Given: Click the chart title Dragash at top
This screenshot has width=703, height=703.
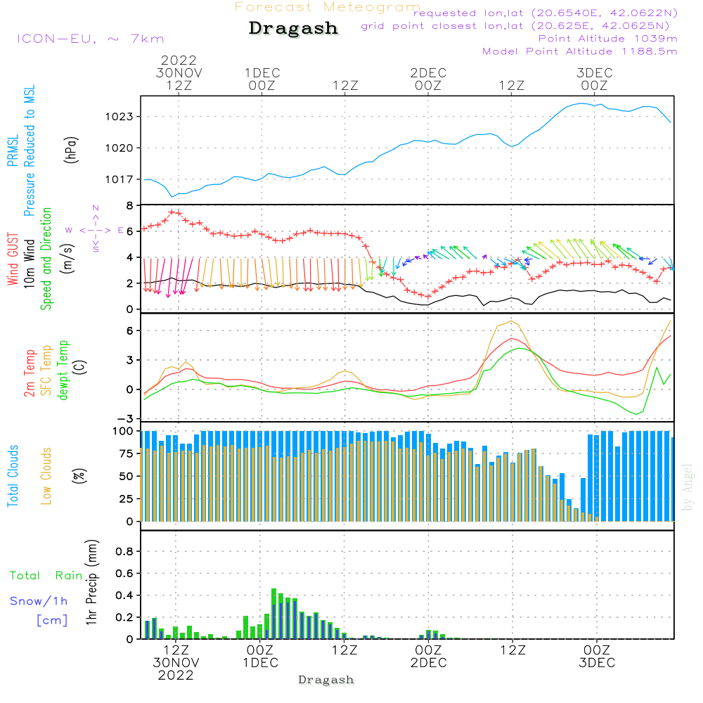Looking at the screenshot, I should pyautogui.click(x=293, y=29).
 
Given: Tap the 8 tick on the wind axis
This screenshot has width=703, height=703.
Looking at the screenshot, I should pyautogui.click(x=130, y=206).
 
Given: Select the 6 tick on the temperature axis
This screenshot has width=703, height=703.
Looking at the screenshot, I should pyautogui.click(x=130, y=330).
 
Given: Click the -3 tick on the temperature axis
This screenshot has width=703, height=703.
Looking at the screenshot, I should pyautogui.click(x=127, y=418).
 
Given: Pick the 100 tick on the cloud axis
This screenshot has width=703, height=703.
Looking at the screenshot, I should pyautogui.click(x=124, y=431).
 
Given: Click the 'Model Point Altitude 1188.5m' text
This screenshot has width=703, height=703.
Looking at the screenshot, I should pyautogui.click(x=580, y=51).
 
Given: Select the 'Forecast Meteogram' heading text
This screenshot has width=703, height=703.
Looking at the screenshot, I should pyautogui.click(x=328, y=7).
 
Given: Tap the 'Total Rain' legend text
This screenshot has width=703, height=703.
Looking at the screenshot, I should pyautogui.click(x=46, y=575).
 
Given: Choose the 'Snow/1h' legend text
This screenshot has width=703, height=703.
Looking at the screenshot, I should pyautogui.click(x=39, y=601).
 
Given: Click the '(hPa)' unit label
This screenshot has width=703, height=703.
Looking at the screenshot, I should pyautogui.click(x=71, y=149).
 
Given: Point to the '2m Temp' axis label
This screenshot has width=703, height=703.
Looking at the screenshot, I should pyautogui.click(x=30, y=373).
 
